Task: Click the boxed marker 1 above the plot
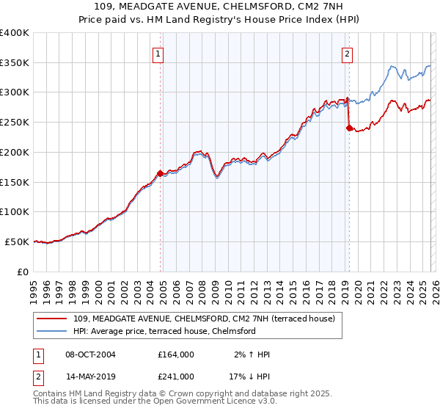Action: click(x=158, y=53)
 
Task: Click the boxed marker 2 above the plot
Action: click(x=346, y=53)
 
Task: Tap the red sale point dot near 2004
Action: click(x=160, y=173)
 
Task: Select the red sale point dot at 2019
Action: click(x=349, y=127)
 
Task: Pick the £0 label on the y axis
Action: click(x=23, y=272)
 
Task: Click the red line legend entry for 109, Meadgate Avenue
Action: click(x=204, y=319)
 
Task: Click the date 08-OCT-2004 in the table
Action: click(x=89, y=354)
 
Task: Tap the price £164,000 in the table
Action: click(x=176, y=354)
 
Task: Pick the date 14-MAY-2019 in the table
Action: click(x=89, y=377)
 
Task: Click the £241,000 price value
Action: click(x=176, y=377)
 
